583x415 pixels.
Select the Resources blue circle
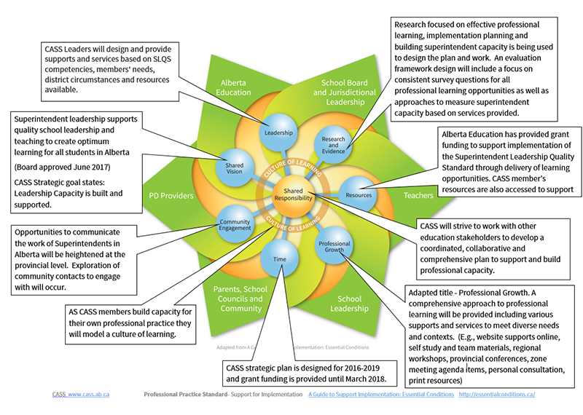pyautogui.click(x=359, y=195)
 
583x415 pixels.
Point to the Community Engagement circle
pyautogui.click(x=235, y=224)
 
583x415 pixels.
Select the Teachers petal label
pyautogui.click(x=418, y=196)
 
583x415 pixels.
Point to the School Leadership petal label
pyautogui.click(x=349, y=304)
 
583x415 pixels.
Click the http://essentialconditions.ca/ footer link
pyautogui.click(x=497, y=394)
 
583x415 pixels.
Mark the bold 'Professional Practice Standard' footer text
pyautogui.click(x=188, y=394)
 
